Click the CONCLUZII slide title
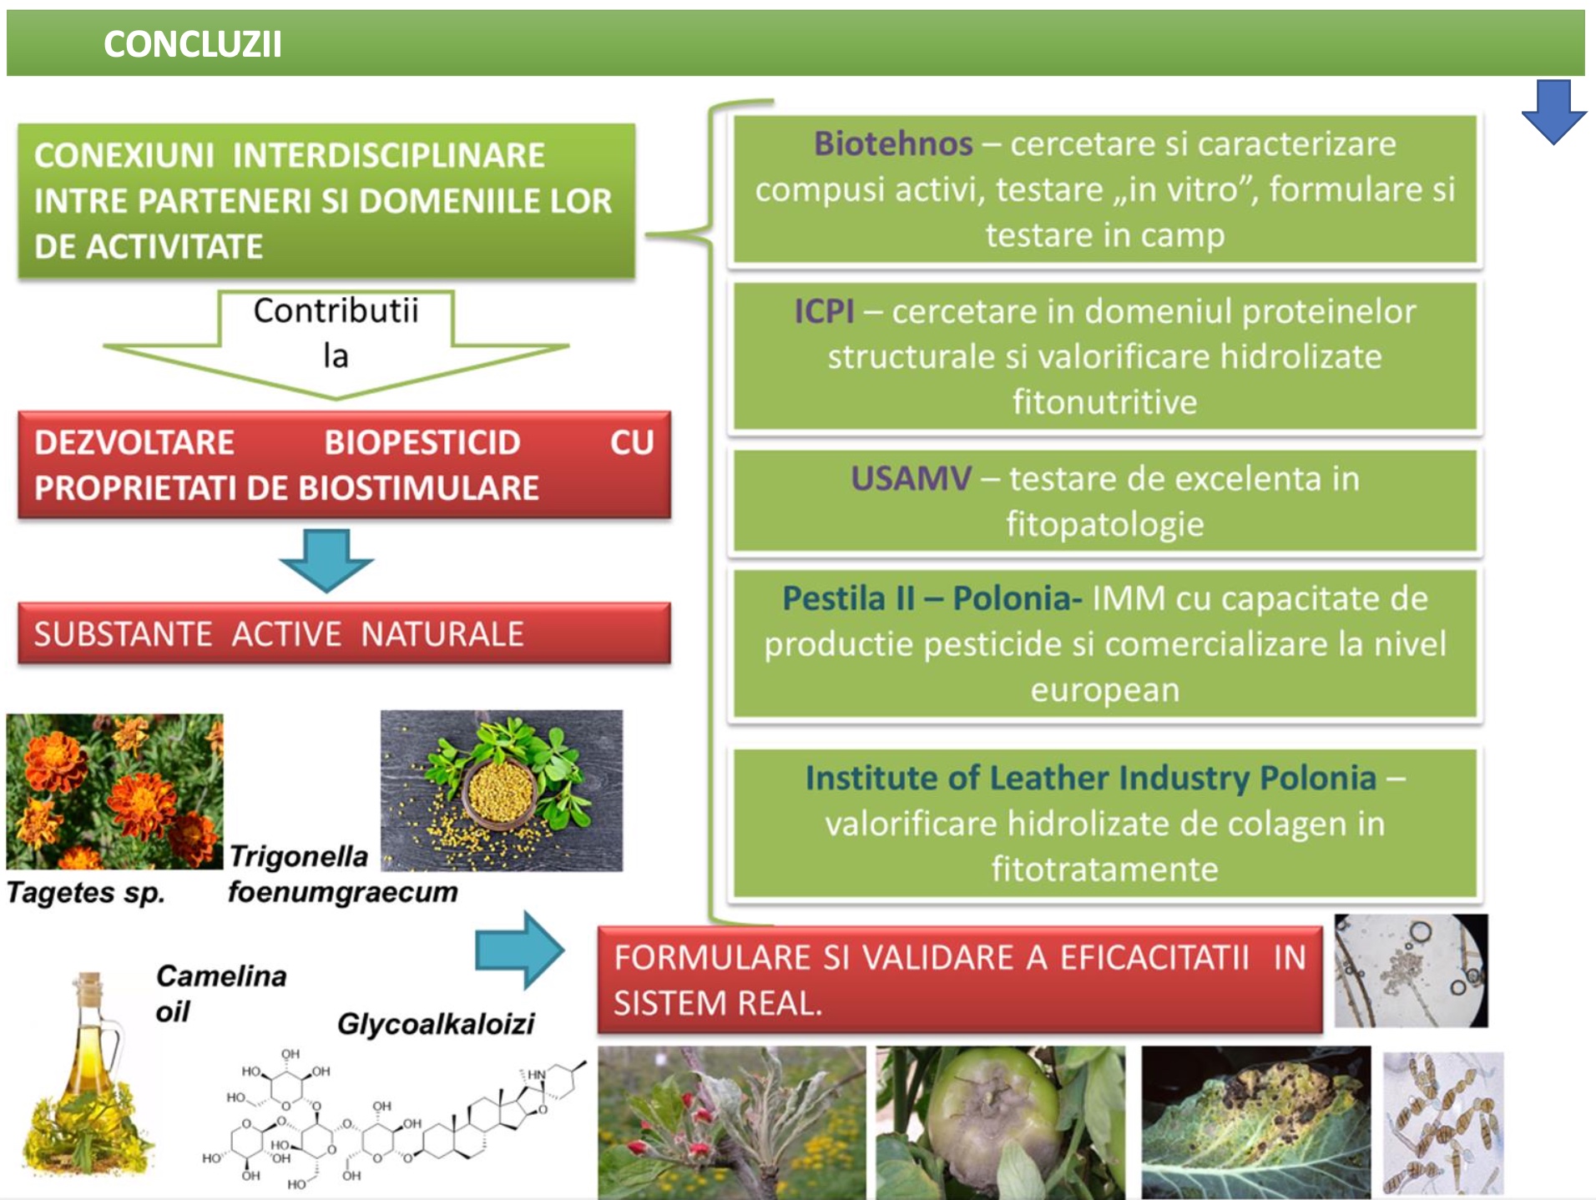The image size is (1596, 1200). tap(192, 44)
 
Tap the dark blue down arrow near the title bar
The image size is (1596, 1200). tap(1553, 110)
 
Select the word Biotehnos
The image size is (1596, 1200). tap(893, 144)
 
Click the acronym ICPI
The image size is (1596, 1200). tap(824, 311)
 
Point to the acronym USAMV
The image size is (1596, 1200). tap(911, 479)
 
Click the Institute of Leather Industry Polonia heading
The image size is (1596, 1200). tap(1090, 778)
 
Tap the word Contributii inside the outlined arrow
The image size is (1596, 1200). tap(336, 311)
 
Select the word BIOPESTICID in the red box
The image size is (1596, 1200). tap(422, 442)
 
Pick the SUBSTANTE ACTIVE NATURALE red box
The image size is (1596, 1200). tap(343, 633)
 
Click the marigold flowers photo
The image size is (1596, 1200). tap(114, 790)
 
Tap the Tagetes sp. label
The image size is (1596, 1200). tap(85, 893)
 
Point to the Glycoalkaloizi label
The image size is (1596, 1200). tap(435, 1023)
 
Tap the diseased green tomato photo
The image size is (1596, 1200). tap(1000, 1122)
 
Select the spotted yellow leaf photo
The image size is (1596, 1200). tap(1255, 1122)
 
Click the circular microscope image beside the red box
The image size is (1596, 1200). tap(1411, 971)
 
